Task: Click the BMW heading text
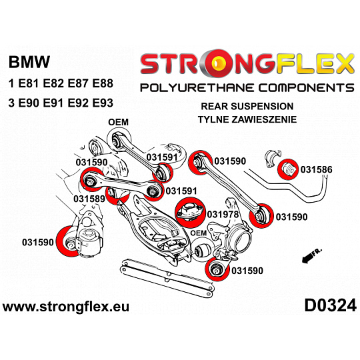pos(29,61)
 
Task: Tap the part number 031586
pos(316,170)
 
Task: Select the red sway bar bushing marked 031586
pos(288,169)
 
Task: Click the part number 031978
pos(223,215)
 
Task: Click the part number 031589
pos(89,199)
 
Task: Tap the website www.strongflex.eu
pos(66,307)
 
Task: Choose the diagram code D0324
pos(330,305)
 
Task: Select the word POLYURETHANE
pos(197,88)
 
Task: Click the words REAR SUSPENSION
pos(247,106)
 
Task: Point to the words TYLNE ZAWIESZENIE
pos(247,119)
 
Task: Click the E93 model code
pos(103,103)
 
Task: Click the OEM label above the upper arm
pos(118,122)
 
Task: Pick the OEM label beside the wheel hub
pos(199,233)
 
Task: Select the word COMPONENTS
pos(307,88)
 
